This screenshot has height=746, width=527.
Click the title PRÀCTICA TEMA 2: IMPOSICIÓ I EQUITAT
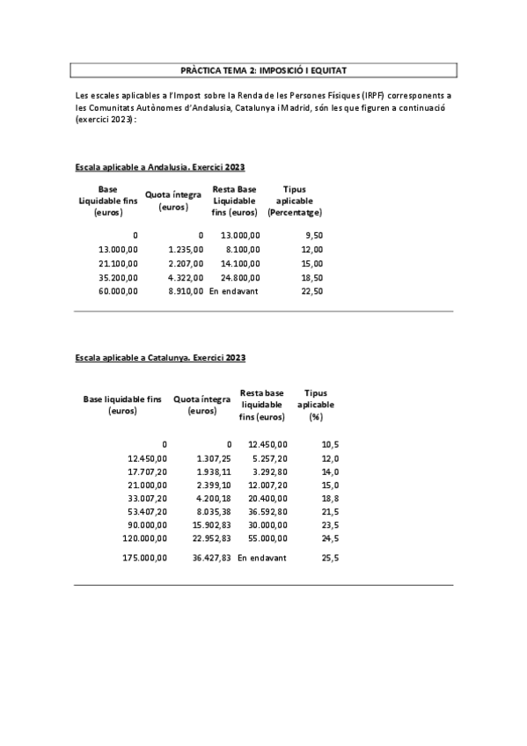pos(262,70)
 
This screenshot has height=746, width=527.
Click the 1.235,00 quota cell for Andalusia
pos(186,250)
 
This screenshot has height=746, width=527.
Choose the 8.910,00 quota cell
pos(186,291)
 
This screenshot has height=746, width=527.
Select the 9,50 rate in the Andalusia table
pos(313,236)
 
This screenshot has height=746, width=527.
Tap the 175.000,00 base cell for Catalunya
pos(145,558)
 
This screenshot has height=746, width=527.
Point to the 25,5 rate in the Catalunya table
pos(331,558)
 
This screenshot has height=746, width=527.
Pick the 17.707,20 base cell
pos(147,472)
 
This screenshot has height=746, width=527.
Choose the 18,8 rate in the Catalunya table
pos(331,498)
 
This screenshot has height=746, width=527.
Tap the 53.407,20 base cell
pos(147,511)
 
